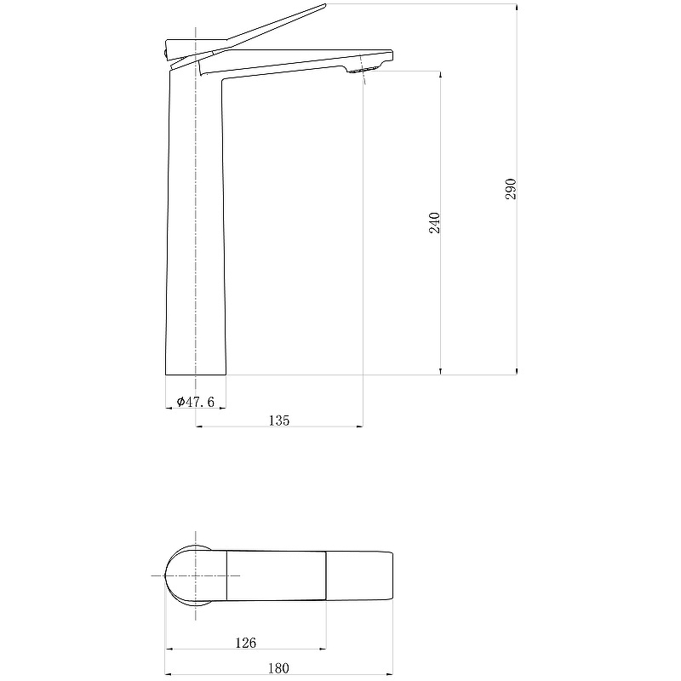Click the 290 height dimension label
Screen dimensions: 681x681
[x=511, y=189]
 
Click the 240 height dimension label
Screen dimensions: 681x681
[x=434, y=223]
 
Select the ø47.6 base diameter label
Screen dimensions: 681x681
[x=196, y=402]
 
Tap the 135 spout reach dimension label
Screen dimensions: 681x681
[x=279, y=421]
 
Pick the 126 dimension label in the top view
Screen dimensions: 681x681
[x=245, y=643]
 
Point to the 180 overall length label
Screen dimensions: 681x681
[x=278, y=668]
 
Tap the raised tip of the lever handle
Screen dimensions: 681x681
[x=324, y=6]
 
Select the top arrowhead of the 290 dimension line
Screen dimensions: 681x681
[x=517, y=8]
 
